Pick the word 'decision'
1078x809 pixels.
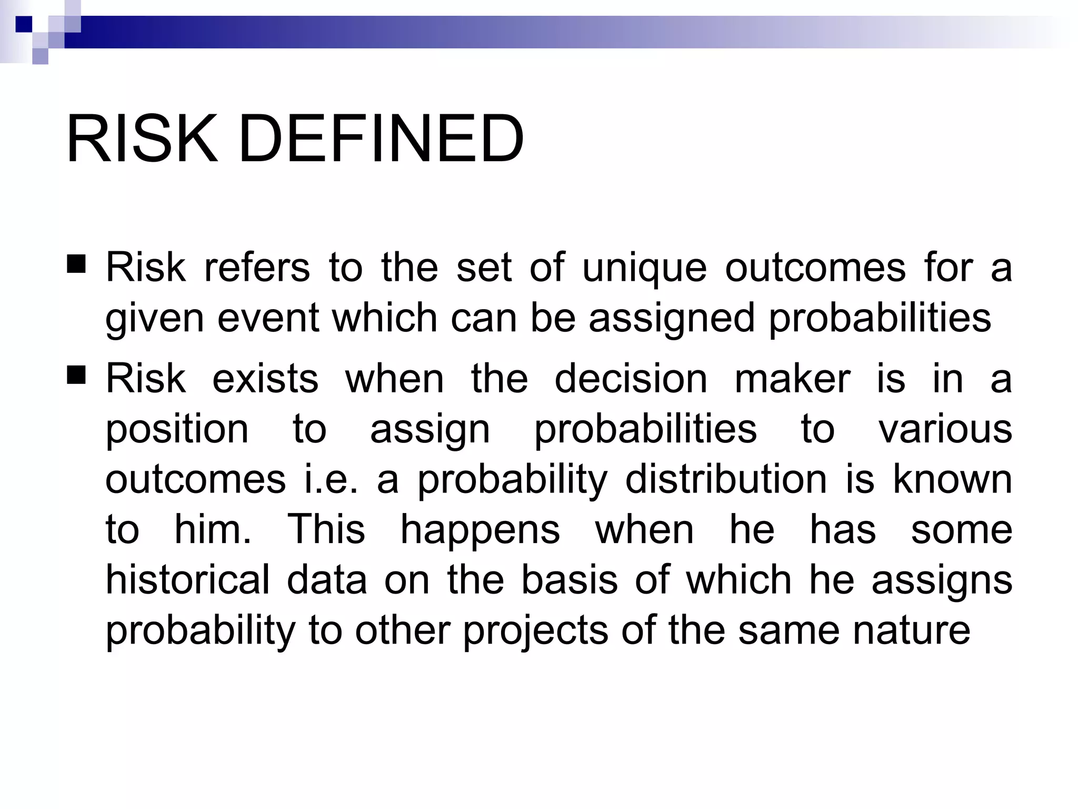click(631, 379)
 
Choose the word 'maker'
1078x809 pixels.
click(792, 379)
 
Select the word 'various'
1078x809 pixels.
click(945, 429)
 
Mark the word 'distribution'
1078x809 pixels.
click(726, 479)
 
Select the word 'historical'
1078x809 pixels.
click(188, 580)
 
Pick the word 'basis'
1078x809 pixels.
click(569, 580)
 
